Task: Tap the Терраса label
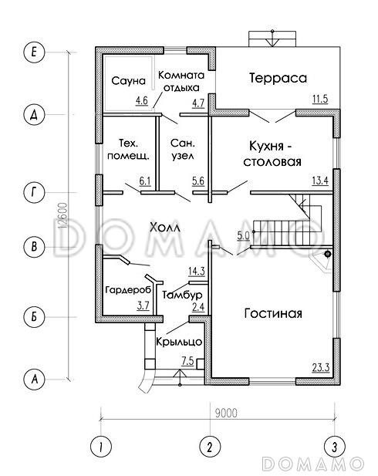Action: pos(278,78)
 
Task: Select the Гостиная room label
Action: pos(272,313)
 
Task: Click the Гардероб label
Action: pos(127,290)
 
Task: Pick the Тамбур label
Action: pos(182,295)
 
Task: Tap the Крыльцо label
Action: pos(178,340)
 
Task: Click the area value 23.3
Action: pos(320,367)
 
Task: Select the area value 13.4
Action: pos(320,181)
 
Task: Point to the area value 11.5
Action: pos(319,100)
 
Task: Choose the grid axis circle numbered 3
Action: pos(333,446)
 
